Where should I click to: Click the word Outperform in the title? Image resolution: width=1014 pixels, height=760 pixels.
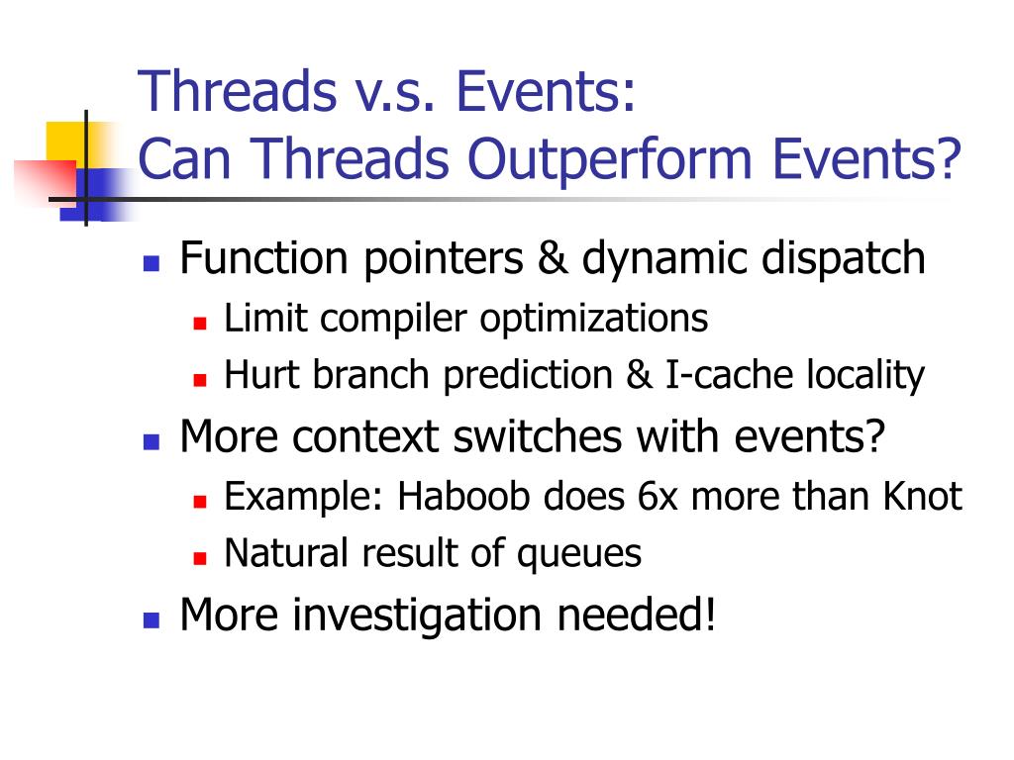tap(610, 159)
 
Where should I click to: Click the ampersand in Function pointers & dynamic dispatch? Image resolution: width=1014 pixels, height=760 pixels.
tap(553, 258)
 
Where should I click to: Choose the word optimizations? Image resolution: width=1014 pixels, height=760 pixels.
tap(594, 320)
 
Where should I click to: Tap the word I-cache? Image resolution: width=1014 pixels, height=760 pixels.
tap(729, 374)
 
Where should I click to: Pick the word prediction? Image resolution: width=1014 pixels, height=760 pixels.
tap(528, 376)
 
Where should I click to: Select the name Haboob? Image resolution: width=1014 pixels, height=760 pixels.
tap(463, 497)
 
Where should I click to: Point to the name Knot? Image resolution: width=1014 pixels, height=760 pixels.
tap(923, 497)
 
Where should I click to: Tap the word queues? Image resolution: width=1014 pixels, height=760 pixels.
tap(578, 555)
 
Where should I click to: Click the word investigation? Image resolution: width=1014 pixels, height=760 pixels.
tap(417, 616)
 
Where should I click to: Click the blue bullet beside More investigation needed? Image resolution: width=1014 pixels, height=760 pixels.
tap(152, 620)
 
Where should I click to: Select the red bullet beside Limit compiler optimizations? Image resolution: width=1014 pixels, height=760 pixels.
tap(200, 324)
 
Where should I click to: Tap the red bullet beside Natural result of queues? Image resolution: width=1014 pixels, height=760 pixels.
tap(200, 558)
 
